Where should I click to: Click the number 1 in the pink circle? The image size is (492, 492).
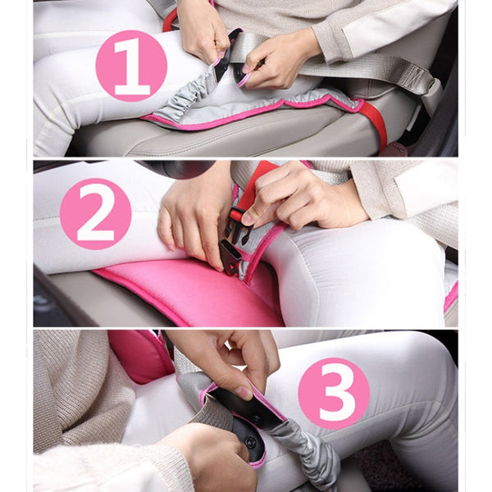pyautogui.click(x=131, y=66)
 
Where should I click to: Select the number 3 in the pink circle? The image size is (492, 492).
pyautogui.click(x=334, y=391)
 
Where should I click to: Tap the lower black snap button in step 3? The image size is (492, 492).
pyautogui.click(x=248, y=443)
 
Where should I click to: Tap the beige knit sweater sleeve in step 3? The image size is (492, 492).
pyautogui.click(x=74, y=394)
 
